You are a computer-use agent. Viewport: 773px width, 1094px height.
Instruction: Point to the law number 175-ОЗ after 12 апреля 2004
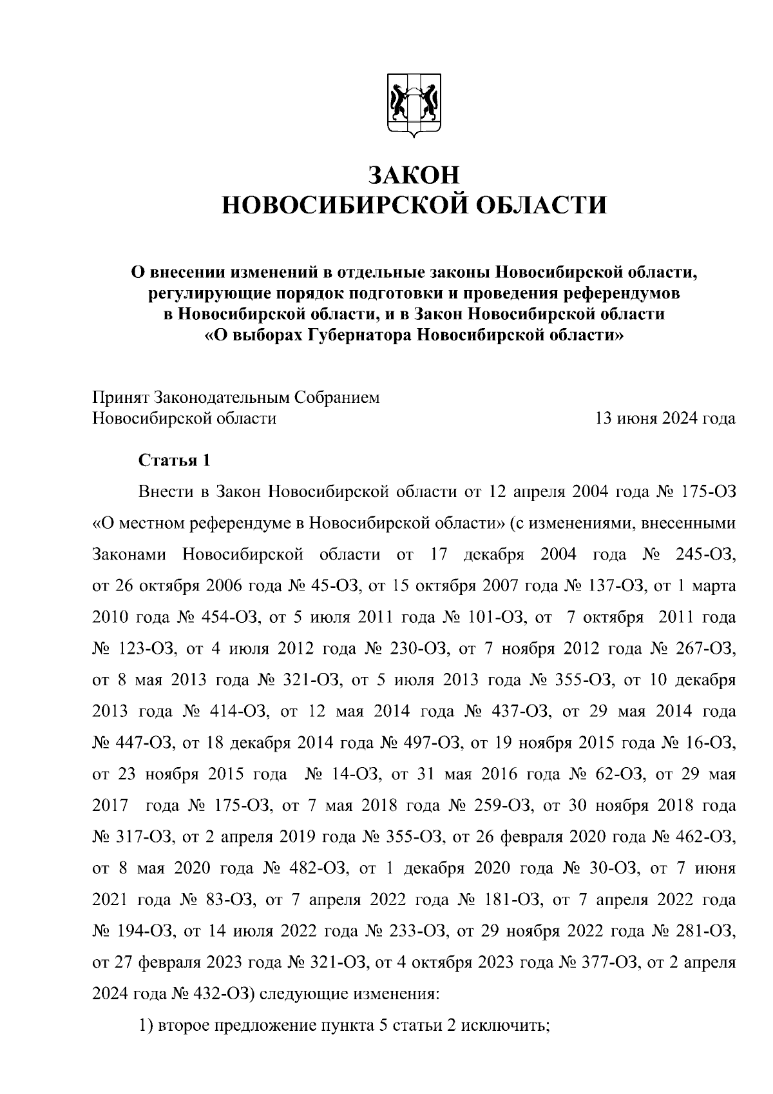[707, 493]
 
